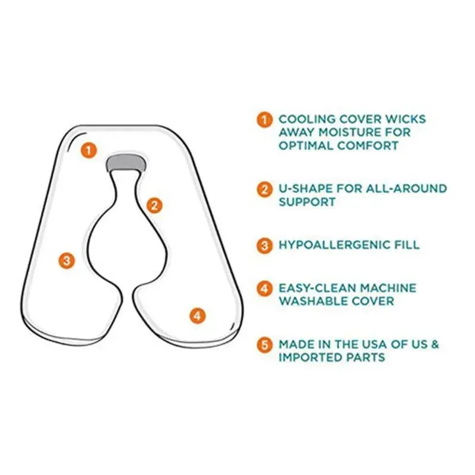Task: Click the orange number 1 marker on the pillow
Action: [88, 150]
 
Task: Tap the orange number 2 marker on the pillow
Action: [154, 205]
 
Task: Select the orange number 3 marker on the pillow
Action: [67, 261]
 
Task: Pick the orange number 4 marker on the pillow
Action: [198, 316]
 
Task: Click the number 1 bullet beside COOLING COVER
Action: [264, 120]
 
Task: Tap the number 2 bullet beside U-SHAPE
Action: [264, 189]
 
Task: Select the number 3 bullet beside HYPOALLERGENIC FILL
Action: [264, 245]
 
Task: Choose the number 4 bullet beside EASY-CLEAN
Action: [264, 289]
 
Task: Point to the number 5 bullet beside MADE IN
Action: [264, 345]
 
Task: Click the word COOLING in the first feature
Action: [307, 119]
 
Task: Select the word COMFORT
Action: [368, 145]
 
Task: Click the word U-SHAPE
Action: [305, 188]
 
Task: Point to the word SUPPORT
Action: [307, 202]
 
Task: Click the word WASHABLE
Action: [313, 301]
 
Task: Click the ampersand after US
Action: [435, 344]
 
